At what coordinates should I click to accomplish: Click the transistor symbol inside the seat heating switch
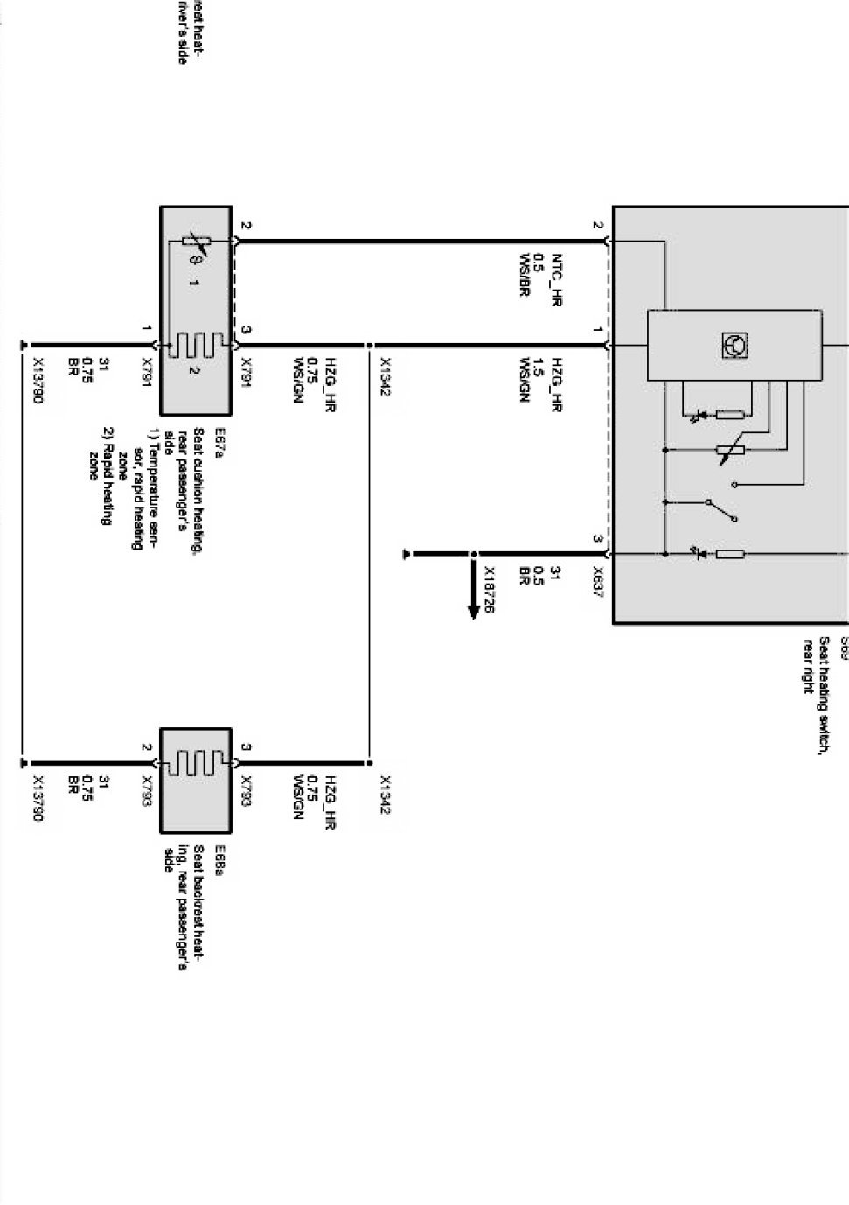tap(734, 345)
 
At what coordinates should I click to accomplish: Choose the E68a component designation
tap(220, 854)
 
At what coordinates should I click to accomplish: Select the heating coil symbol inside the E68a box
tap(195, 762)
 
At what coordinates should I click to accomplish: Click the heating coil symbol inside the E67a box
tap(194, 345)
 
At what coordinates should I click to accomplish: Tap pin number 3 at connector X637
tap(597, 539)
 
